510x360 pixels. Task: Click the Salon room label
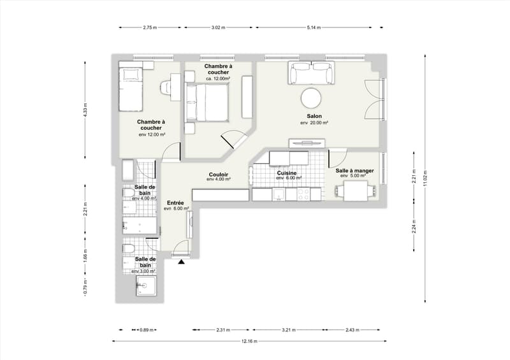pos(314,116)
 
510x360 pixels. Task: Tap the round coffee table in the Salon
pos(311,98)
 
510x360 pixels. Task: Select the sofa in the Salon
pos(311,73)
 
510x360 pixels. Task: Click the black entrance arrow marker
pos(181,261)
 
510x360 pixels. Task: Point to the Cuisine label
pos(286,173)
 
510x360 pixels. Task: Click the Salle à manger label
pos(354,170)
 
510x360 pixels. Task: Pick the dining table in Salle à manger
pos(356,191)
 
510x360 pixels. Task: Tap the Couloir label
pos(218,175)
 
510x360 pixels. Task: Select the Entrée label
pos(175,203)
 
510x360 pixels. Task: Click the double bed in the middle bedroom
pos(207,102)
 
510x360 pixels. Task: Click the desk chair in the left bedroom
pos(166,87)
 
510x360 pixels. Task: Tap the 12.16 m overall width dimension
pos(249,341)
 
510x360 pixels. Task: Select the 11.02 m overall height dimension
pos(425,178)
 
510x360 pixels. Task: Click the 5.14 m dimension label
pos(314,27)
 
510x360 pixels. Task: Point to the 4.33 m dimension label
pos(85,110)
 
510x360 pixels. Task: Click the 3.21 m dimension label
pos(288,330)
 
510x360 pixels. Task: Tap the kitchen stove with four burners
pos(304,194)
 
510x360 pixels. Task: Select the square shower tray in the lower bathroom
pos(147,286)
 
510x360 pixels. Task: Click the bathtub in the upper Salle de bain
pos(140,226)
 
